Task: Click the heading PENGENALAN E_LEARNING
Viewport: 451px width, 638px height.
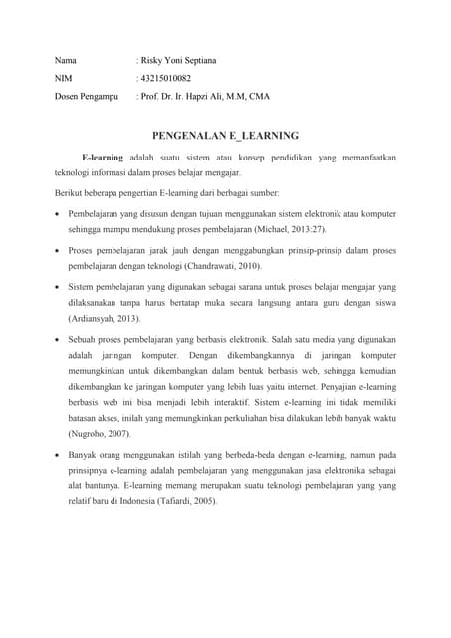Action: (x=225, y=134)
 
